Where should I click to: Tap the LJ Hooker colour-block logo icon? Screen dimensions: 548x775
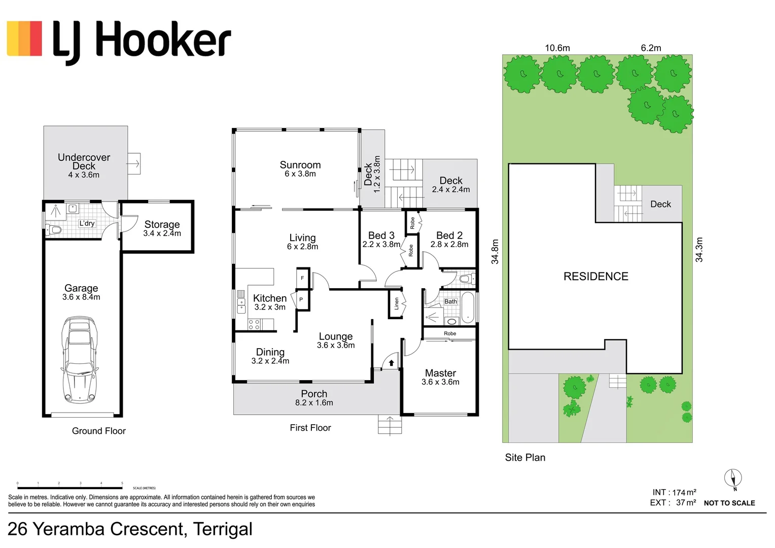(x=24, y=39)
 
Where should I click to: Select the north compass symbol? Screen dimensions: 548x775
(x=733, y=478)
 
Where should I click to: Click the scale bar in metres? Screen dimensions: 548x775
(x=69, y=488)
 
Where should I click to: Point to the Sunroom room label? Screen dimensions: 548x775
(x=300, y=165)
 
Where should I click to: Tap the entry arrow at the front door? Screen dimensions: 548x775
(x=391, y=363)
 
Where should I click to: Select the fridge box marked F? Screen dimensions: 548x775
(x=303, y=278)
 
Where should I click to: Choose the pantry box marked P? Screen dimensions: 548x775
(x=301, y=300)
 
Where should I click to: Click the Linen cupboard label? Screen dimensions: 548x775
(x=397, y=304)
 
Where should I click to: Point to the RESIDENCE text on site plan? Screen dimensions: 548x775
(x=595, y=277)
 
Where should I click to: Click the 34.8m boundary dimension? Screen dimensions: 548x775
(x=495, y=252)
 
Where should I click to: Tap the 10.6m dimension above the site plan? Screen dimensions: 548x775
(x=557, y=48)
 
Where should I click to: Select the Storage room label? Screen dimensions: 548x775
(x=162, y=224)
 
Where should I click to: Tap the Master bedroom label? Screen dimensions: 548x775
(x=440, y=373)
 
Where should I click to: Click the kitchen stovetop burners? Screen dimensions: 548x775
(x=254, y=324)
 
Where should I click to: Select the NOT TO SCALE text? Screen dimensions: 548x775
(x=729, y=503)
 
